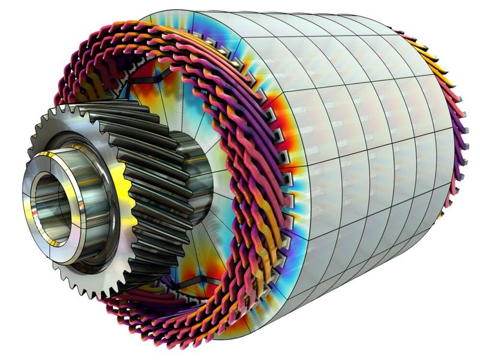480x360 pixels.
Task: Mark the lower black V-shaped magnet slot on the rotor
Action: point(192,282)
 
